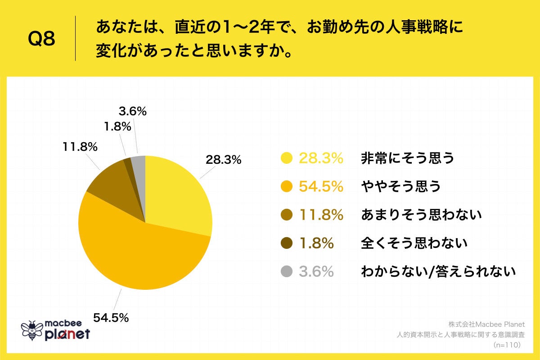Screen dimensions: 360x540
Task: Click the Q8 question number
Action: (x=41, y=39)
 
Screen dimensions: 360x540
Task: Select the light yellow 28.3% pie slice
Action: (x=178, y=193)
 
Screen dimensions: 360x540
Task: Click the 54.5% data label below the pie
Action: (x=111, y=318)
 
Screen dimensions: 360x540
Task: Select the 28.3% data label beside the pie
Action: (x=224, y=160)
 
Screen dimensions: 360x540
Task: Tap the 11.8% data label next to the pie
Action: (x=80, y=147)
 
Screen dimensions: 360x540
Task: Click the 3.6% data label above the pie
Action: (x=132, y=111)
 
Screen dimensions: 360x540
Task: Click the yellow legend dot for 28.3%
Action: (x=286, y=158)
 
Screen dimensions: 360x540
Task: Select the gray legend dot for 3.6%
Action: (x=286, y=271)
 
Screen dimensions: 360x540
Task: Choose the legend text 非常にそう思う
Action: (x=407, y=158)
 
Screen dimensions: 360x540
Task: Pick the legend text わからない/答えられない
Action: (x=437, y=271)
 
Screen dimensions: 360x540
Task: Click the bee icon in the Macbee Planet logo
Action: (x=32, y=330)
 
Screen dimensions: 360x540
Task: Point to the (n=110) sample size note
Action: (x=507, y=345)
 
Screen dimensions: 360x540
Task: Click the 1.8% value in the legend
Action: (x=316, y=243)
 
